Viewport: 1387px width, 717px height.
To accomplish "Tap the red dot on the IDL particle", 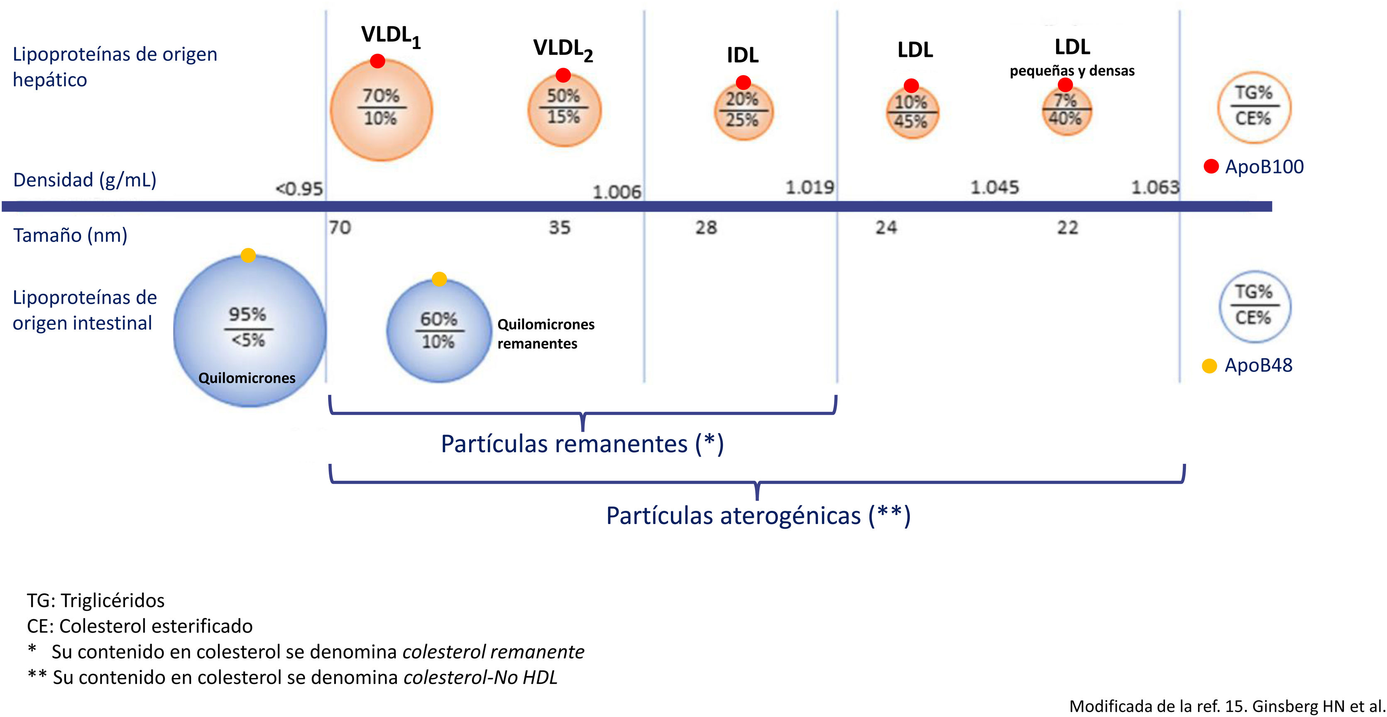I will pos(743,82).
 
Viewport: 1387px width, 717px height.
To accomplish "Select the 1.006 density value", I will pos(616,192).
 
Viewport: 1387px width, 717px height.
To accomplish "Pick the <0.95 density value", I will pos(299,189).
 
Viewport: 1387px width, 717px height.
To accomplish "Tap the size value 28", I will pos(706,228).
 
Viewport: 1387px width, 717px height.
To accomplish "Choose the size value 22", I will pos(1067,228).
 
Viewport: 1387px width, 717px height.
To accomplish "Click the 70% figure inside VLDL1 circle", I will pos(381,96).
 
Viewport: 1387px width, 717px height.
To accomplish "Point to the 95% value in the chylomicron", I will pos(248,315).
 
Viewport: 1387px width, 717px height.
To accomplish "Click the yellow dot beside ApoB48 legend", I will pos(1209,366).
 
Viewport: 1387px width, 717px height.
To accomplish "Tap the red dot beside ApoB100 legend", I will pos(1211,166).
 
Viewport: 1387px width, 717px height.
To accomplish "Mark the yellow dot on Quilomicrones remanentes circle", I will pos(439,279).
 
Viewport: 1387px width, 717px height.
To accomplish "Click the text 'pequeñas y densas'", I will pos(1072,71).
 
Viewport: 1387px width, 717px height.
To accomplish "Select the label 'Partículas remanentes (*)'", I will pos(582,444).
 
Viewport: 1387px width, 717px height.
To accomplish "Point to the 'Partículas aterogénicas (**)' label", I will pos(758,515).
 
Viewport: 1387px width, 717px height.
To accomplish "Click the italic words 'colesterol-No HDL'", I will pos(480,677).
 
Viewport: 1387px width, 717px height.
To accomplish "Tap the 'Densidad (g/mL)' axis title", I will pos(85,180).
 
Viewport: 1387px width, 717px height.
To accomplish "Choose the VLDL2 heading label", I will pos(563,49).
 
